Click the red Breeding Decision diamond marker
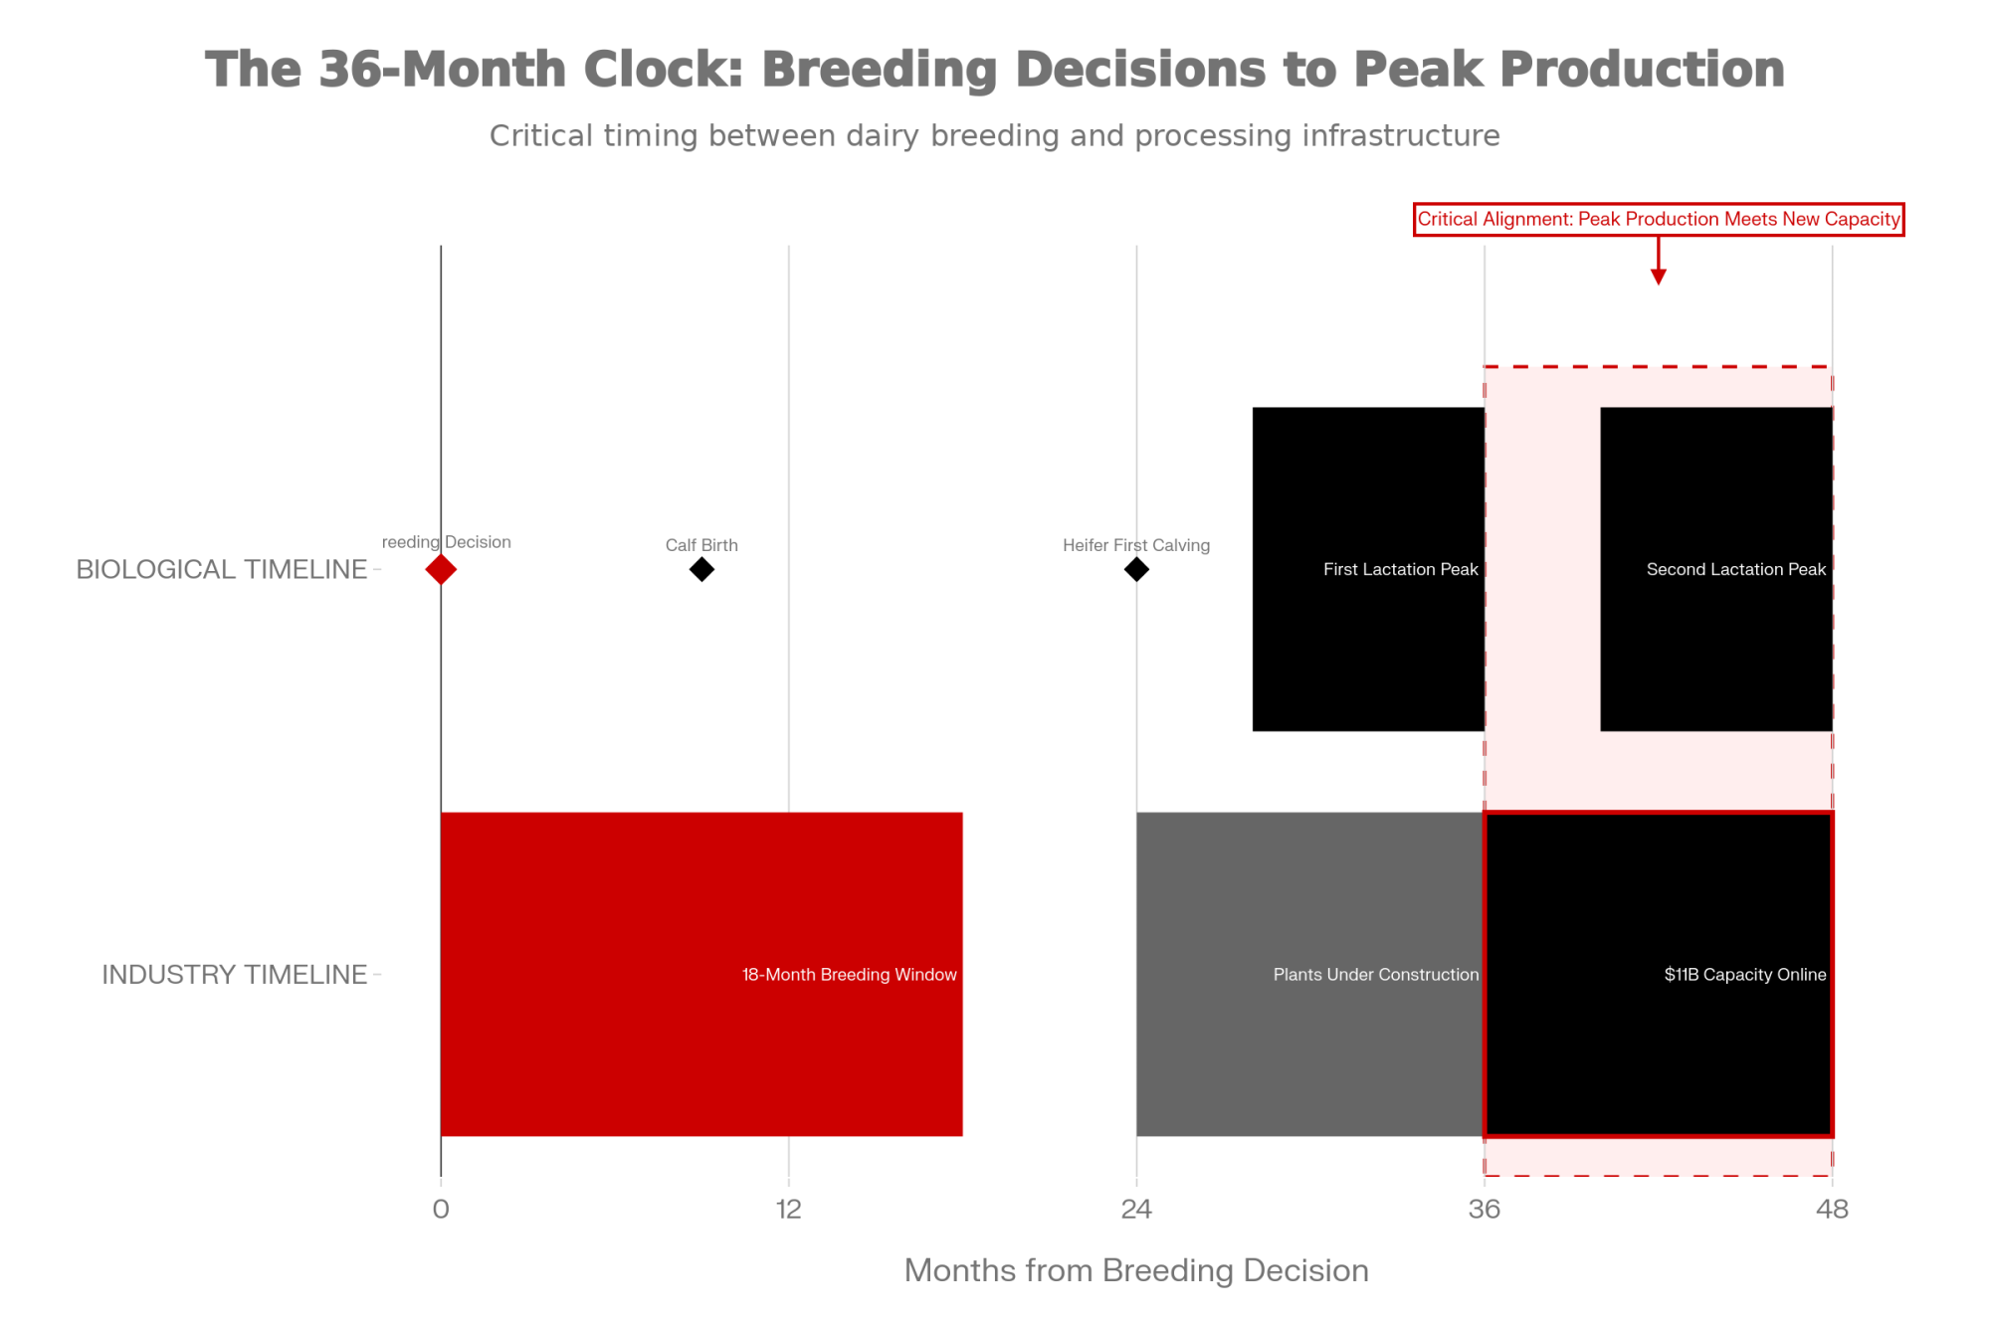point(441,570)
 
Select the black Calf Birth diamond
point(701,570)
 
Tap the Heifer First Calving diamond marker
point(1136,570)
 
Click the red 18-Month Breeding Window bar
point(701,974)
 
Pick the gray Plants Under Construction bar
point(1310,974)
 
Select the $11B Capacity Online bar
point(1659,974)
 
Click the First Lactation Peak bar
point(1368,569)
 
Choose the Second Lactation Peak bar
point(1716,569)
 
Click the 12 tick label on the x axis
point(789,1210)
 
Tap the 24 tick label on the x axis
point(1136,1210)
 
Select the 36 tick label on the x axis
point(1485,1210)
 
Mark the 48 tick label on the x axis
point(1832,1210)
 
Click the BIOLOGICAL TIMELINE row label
point(222,570)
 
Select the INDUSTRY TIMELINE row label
point(235,975)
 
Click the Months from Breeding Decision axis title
point(1136,1271)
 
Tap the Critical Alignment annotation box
point(1659,220)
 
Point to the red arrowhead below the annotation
point(1658,277)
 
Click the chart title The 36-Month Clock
point(995,70)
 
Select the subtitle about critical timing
point(995,135)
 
